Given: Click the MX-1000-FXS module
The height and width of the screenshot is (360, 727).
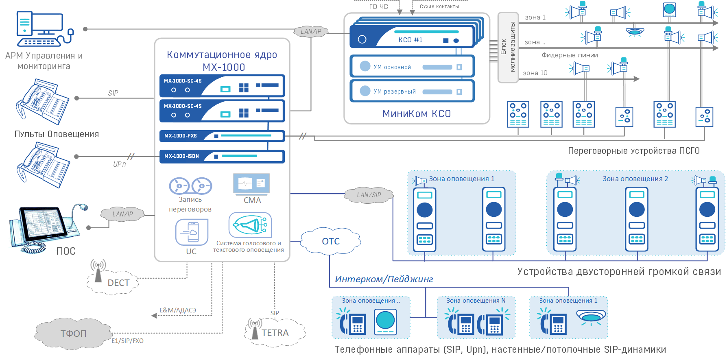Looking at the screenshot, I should pos(222,136).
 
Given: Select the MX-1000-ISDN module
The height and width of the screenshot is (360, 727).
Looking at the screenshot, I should pos(222,156).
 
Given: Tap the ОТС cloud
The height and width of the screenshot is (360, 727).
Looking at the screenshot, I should pos(331,241).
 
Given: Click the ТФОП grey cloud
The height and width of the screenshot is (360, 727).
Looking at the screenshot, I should pos(73,334).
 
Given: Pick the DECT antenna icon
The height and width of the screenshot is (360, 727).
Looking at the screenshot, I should pos(98,271).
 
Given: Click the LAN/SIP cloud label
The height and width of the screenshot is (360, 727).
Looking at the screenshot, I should pos(369,195).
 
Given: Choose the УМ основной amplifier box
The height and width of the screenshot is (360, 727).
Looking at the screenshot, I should pos(412,67).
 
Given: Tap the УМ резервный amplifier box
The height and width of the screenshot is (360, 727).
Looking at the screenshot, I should pos(412,91).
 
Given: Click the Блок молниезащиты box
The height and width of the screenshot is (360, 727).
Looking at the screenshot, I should pos(508,47).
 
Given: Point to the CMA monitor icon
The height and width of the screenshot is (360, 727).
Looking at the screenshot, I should pos(251,184).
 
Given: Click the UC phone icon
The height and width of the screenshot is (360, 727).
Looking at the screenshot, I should pos(192,232).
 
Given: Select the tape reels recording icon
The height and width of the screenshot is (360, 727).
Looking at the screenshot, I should pos(190,186).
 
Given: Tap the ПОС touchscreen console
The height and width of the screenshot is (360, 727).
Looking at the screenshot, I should pos(45,228).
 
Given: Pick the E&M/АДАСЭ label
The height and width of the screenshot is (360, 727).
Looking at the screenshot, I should pos(178,310).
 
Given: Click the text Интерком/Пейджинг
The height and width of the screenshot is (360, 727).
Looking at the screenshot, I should pos(384,279).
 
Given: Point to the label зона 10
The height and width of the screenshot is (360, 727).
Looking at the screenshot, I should pos(535,73).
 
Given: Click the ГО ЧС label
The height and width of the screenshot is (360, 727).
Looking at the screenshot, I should pos(378,7).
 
